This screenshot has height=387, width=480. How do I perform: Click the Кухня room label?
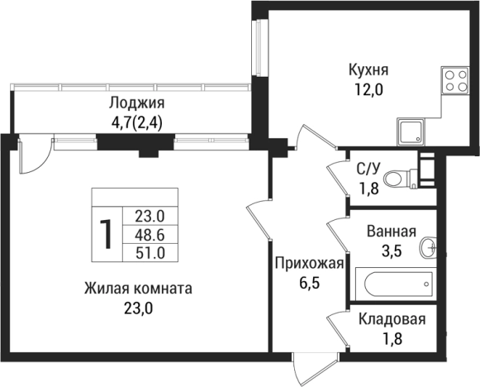coord(368,69)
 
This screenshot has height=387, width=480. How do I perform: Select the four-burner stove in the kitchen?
coord(456,80)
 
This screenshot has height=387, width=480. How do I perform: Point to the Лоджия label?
coord(137,103)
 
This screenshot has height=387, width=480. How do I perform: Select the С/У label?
coord(368,170)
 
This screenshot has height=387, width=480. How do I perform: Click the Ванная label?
coord(388,232)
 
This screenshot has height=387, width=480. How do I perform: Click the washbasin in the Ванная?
coord(429,247)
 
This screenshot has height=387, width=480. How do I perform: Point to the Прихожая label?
coord(308,264)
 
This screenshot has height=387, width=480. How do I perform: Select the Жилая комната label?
coord(138,289)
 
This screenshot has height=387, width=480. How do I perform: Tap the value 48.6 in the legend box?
coord(149,234)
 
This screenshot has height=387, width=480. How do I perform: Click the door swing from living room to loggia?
coord(35,157)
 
